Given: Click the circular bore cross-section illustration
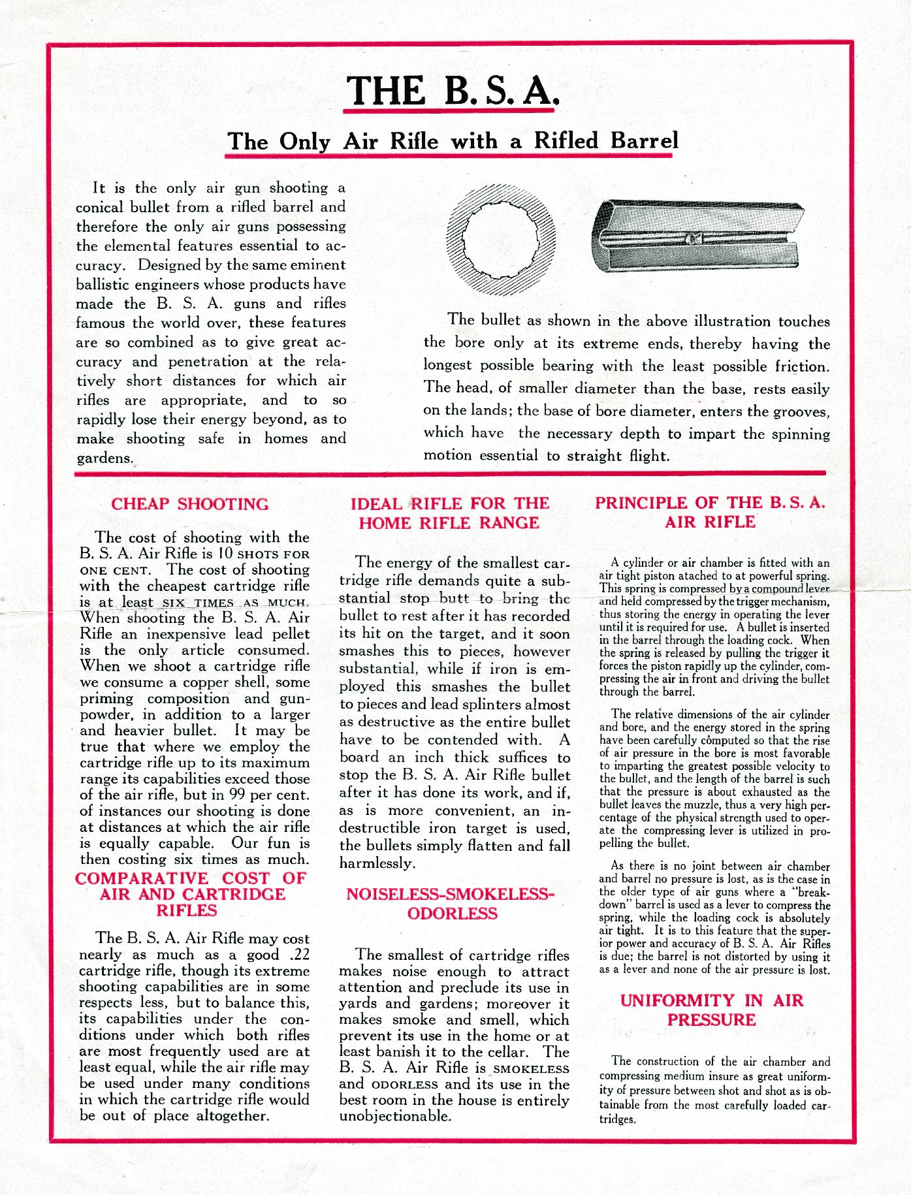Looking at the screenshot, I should [x=501, y=241].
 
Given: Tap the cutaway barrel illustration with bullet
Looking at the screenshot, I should [x=697, y=238].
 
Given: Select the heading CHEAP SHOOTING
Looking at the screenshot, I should [x=190, y=504].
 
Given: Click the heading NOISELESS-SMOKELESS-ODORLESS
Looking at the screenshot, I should [x=452, y=903].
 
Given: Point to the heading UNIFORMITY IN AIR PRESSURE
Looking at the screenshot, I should [x=711, y=1010].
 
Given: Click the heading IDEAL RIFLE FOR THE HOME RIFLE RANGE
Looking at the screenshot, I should [x=451, y=513].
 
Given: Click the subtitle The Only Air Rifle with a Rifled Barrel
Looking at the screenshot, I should [x=452, y=141].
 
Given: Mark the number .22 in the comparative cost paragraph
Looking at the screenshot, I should [x=296, y=955].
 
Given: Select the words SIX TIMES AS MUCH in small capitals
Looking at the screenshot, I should [x=235, y=603].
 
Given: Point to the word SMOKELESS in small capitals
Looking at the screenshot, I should [x=531, y=1070].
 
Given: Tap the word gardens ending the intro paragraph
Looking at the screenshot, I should [x=104, y=458].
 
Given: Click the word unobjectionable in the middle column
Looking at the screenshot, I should [x=395, y=1116].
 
